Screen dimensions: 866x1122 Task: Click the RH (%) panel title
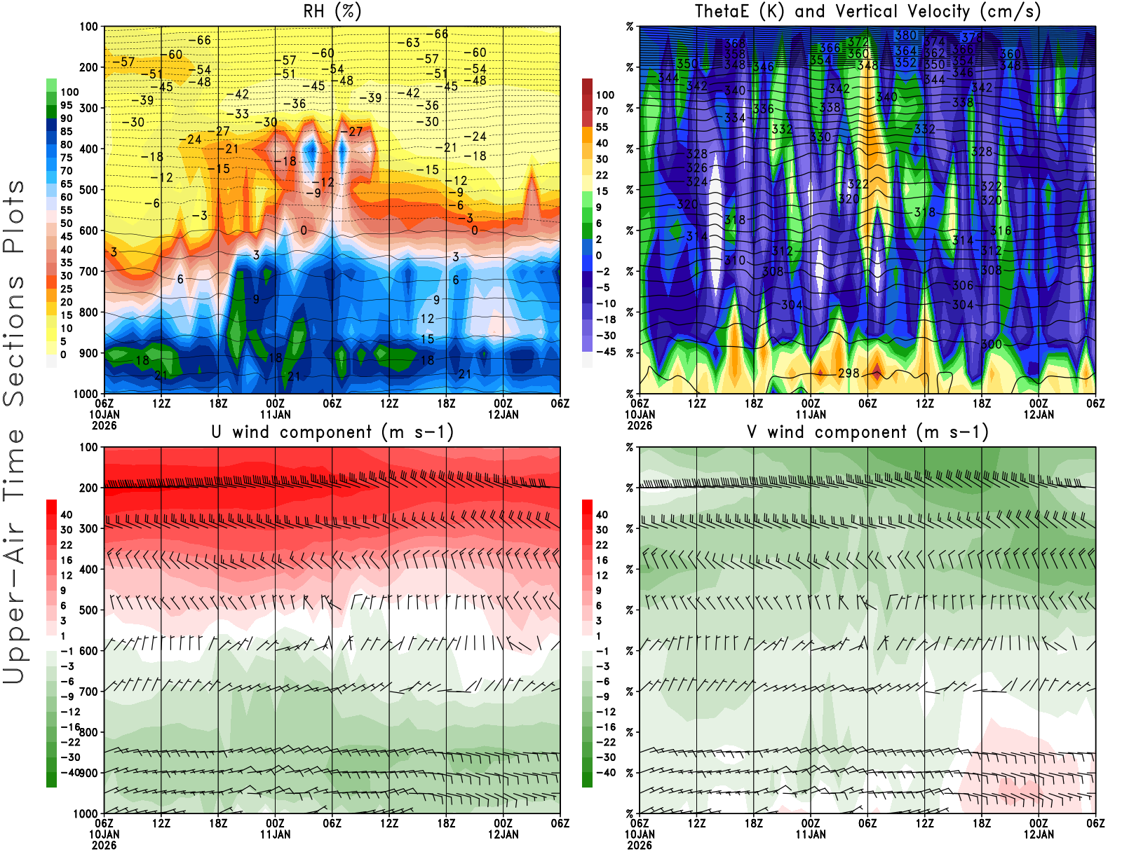[x=332, y=11]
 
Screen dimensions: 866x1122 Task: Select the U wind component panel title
[x=332, y=432]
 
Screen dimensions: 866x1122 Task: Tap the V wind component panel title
[x=867, y=432]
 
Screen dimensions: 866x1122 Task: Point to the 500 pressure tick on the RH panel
[x=88, y=190]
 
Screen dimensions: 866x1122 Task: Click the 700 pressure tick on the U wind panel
[x=88, y=692]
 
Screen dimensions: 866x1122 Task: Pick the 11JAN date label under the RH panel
[x=275, y=414]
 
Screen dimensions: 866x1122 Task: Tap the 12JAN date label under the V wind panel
[x=1039, y=834]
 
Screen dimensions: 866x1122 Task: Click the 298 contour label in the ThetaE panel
[x=849, y=373]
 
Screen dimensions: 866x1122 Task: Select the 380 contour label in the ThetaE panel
[x=906, y=35]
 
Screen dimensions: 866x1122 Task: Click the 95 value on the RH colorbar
[x=67, y=106]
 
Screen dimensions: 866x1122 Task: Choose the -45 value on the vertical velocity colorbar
[x=605, y=352]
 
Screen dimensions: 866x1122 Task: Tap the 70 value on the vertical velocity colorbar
[x=602, y=111]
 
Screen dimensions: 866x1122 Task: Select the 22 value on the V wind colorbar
[x=602, y=545]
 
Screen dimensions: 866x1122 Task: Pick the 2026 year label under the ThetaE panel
[x=640, y=425]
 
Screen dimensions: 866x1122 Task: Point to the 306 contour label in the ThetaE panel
[x=963, y=285]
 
